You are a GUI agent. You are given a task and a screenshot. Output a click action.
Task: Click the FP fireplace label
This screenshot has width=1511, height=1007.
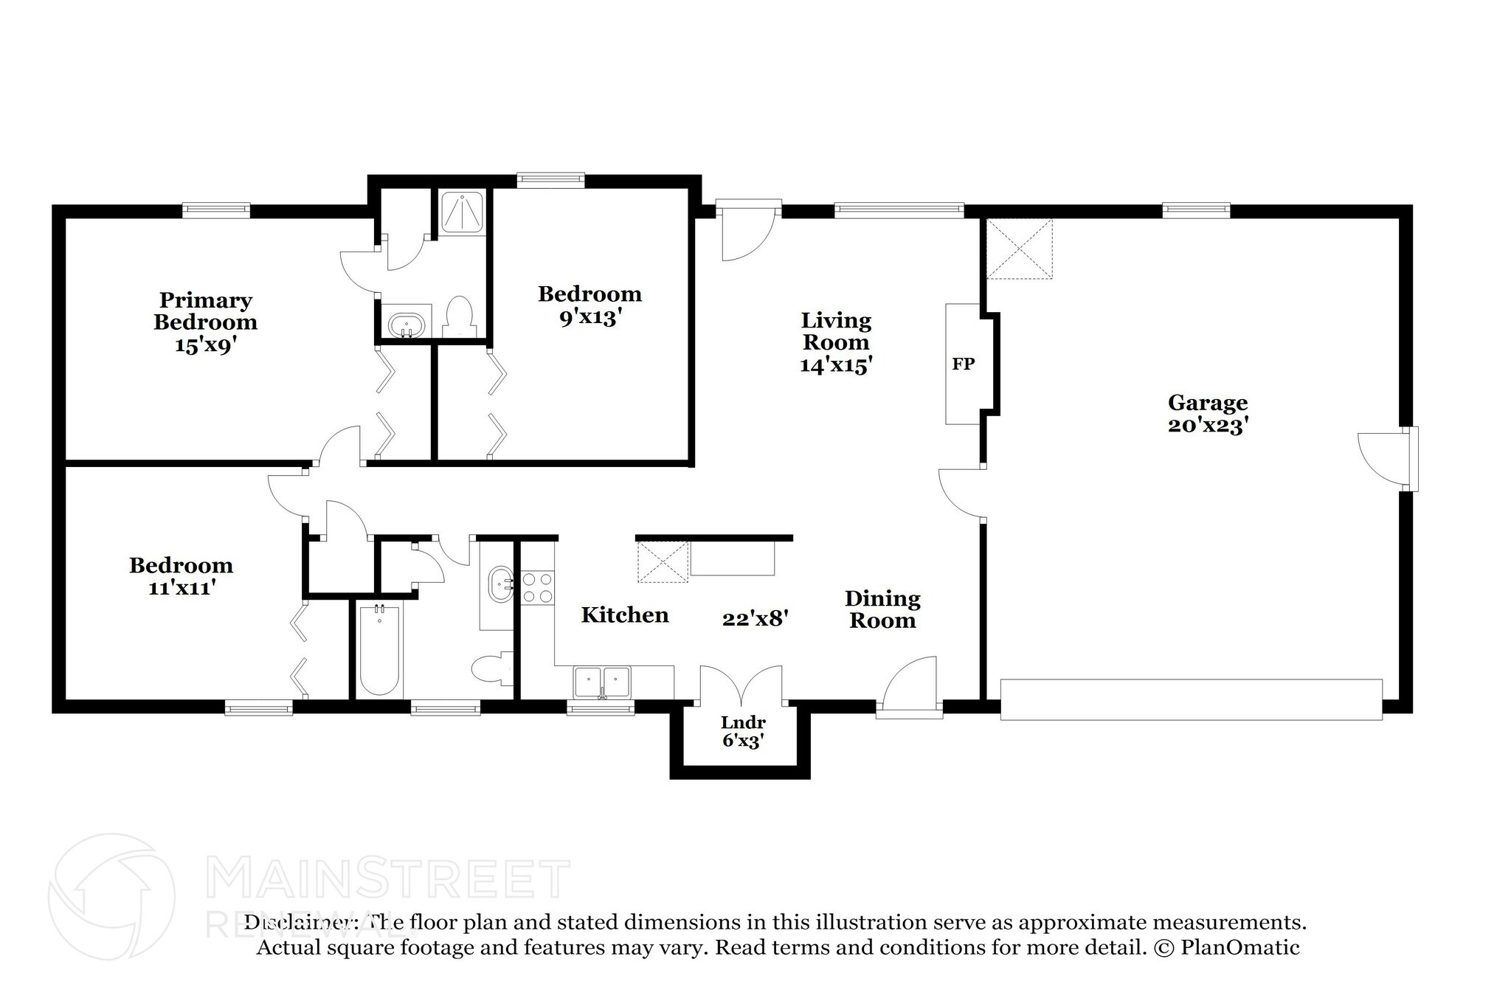963,364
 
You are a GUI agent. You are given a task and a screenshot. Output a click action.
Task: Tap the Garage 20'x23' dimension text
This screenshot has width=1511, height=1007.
1207,426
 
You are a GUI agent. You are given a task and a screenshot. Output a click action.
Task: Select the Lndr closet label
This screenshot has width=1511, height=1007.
743,722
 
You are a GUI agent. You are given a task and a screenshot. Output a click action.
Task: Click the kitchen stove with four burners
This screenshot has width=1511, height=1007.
537,588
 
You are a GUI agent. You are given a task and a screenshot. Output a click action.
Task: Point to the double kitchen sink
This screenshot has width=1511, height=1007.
602,682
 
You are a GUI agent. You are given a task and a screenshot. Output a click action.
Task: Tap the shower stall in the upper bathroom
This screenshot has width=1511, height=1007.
462,212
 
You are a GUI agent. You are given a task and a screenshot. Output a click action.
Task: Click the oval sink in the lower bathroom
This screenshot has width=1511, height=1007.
502,584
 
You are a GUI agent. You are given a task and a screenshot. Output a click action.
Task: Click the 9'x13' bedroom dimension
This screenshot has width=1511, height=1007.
589,318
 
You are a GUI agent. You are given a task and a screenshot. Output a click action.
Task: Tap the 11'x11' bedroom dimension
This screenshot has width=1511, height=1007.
181,588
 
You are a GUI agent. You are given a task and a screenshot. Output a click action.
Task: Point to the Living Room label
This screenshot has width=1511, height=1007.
836,331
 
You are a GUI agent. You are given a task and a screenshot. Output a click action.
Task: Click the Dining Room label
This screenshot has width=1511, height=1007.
882,609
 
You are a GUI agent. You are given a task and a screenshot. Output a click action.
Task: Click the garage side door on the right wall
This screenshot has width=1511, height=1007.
1386,459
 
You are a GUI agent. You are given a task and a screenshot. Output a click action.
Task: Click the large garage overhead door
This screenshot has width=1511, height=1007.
1190,699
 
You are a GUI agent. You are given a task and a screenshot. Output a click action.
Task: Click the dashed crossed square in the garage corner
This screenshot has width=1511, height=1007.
1020,249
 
